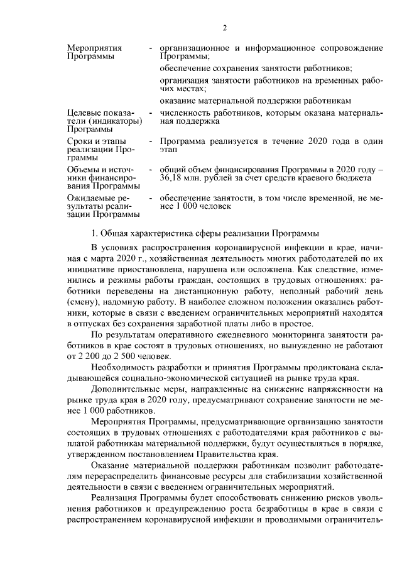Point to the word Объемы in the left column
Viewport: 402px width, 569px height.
[x=83, y=170]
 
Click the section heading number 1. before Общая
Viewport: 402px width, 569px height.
[x=96, y=233]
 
